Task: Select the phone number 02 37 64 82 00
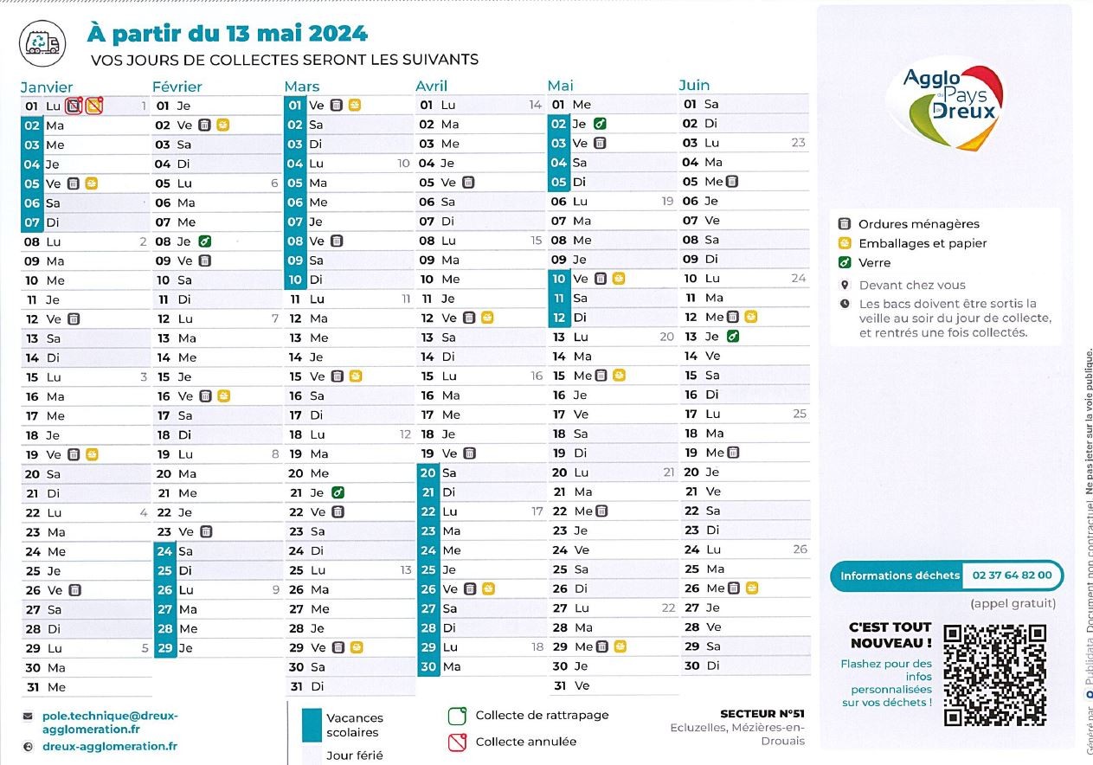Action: (x=1012, y=575)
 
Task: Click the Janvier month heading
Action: (x=47, y=87)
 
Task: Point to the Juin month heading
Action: (x=694, y=85)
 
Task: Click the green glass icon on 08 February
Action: (x=205, y=241)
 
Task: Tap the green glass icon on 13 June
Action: (x=733, y=337)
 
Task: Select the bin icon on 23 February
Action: (x=206, y=531)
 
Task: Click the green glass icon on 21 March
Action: (x=338, y=492)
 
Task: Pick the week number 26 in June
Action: (x=800, y=550)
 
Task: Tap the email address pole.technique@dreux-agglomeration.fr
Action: (x=109, y=723)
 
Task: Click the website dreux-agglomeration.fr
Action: (x=110, y=746)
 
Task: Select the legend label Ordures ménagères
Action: (x=919, y=224)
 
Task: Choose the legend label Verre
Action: (x=874, y=263)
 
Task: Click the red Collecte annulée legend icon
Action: (x=457, y=742)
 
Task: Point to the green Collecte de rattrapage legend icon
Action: (x=457, y=716)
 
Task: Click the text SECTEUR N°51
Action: (x=762, y=714)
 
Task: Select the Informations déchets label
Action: (x=900, y=575)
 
